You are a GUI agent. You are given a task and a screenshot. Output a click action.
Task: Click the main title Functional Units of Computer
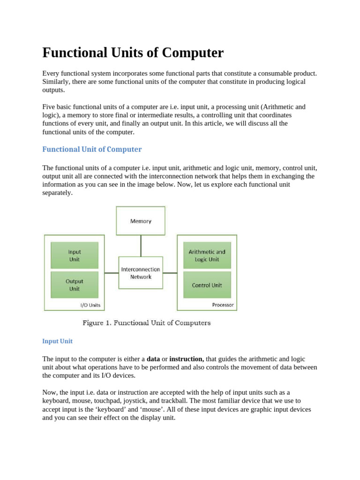point(133,52)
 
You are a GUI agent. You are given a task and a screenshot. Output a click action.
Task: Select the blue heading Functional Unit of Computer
point(92,149)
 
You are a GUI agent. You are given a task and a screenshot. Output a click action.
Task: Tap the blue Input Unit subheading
point(57,341)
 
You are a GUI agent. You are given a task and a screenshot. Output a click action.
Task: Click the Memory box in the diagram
point(141,221)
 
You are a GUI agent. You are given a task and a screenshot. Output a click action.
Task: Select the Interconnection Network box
point(141,273)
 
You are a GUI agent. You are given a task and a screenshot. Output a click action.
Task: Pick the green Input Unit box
point(75,255)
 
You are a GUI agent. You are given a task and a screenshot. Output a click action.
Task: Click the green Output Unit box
point(75,285)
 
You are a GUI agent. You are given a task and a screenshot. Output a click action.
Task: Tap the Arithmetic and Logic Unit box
point(207,255)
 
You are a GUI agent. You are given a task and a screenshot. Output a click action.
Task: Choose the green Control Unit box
point(207,285)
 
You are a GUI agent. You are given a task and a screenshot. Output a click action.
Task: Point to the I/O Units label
point(90,305)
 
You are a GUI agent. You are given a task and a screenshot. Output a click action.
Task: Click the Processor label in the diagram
point(223,305)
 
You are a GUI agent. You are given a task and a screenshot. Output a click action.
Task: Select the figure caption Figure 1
point(147,323)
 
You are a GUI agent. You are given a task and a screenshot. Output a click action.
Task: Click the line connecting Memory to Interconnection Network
point(141,246)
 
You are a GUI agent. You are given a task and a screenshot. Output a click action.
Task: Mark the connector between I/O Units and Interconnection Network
point(112,273)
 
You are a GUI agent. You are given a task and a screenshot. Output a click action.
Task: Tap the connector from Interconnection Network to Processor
point(170,273)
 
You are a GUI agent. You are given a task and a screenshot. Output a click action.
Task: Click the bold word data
point(153,359)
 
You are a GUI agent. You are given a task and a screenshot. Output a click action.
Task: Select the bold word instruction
point(187,359)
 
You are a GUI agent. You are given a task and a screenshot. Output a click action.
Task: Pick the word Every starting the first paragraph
point(51,74)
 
